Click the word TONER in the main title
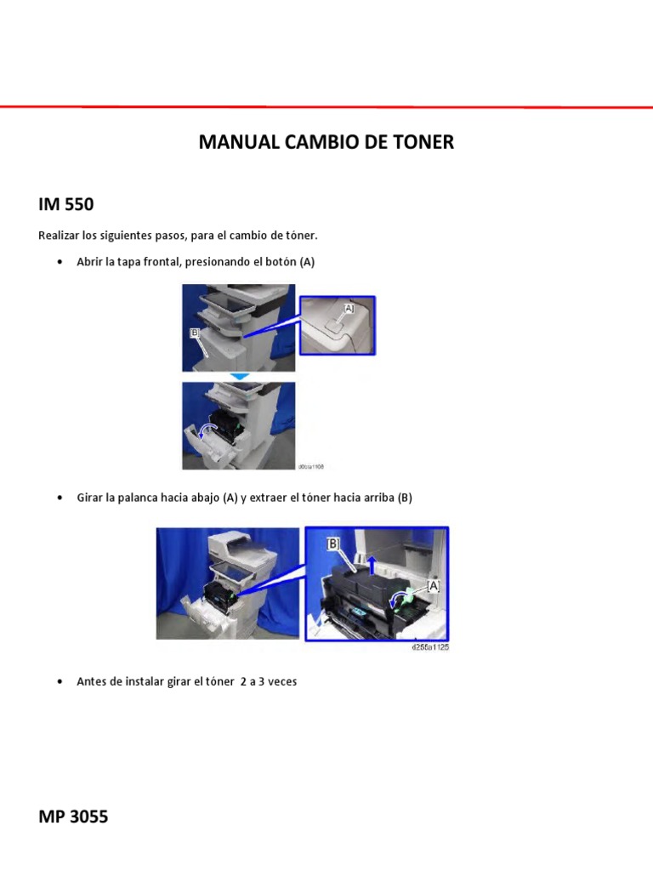click(x=423, y=142)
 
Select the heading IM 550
click(x=65, y=205)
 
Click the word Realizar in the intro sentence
click(x=59, y=235)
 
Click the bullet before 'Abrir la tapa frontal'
click(x=59, y=262)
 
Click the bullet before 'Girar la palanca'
click(x=59, y=498)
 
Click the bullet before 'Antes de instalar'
click(x=59, y=681)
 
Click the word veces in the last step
click(x=281, y=681)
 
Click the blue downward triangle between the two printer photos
click(x=240, y=376)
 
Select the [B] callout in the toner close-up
click(x=333, y=544)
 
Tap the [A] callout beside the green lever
click(x=433, y=586)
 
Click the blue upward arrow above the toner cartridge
click(x=372, y=562)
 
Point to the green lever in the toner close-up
click(x=407, y=596)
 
